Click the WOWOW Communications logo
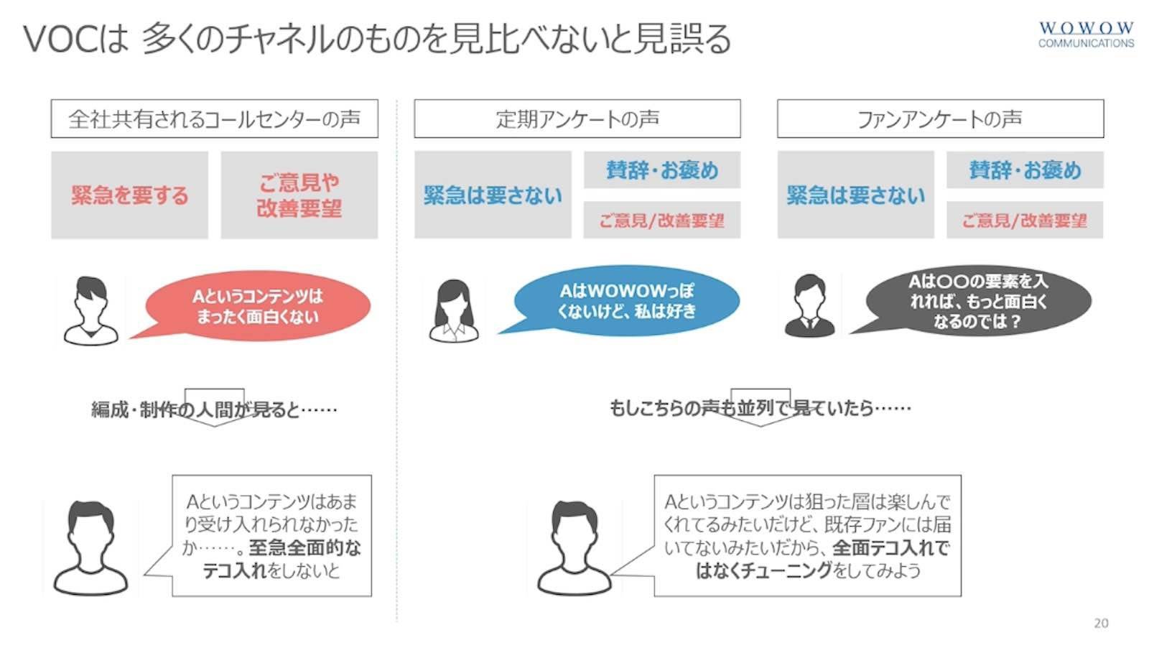click(x=1086, y=34)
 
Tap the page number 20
click(x=1101, y=624)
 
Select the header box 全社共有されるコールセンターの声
click(x=215, y=119)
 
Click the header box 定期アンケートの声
click(x=577, y=119)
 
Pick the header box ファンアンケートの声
click(x=940, y=119)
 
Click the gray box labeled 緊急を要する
click(x=130, y=195)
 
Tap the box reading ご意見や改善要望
click(x=299, y=195)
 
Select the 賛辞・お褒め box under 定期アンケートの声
click(x=661, y=170)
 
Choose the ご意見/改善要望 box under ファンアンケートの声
click(x=1025, y=220)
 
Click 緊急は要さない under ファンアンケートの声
click(x=855, y=195)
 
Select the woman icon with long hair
click(x=454, y=311)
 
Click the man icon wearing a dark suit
click(x=809, y=306)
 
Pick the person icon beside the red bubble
click(x=90, y=311)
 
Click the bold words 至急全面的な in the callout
click(x=305, y=548)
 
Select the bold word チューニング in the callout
click(x=786, y=570)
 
